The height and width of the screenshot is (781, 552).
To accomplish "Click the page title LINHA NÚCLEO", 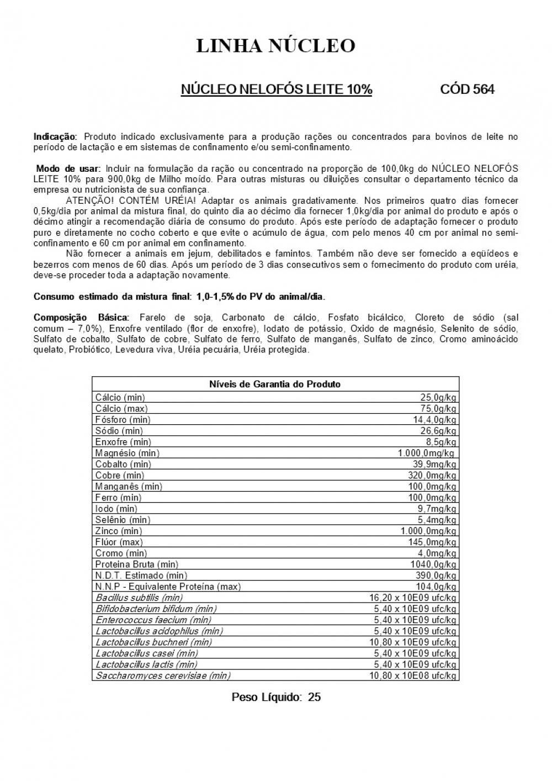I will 275,46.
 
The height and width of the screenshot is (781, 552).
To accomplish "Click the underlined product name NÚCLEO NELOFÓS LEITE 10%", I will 276,89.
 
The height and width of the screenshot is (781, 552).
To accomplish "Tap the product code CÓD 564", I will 467,89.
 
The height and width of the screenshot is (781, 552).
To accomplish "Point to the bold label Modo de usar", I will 68,168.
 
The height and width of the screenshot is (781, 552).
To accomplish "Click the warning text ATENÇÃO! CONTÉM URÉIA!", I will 130,200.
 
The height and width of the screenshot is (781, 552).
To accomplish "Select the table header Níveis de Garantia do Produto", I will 275,384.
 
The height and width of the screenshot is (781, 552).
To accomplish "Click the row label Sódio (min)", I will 119,431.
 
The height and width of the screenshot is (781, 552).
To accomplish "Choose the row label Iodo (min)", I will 116,509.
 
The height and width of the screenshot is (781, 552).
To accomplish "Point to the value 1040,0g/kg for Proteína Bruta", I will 433,564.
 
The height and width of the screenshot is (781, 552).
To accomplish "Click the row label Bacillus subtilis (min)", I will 139,598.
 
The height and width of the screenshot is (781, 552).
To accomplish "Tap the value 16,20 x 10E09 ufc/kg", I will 412,598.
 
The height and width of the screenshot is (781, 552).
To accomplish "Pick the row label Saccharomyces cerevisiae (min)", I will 163,676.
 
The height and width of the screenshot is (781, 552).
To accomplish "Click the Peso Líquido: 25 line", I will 276,697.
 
